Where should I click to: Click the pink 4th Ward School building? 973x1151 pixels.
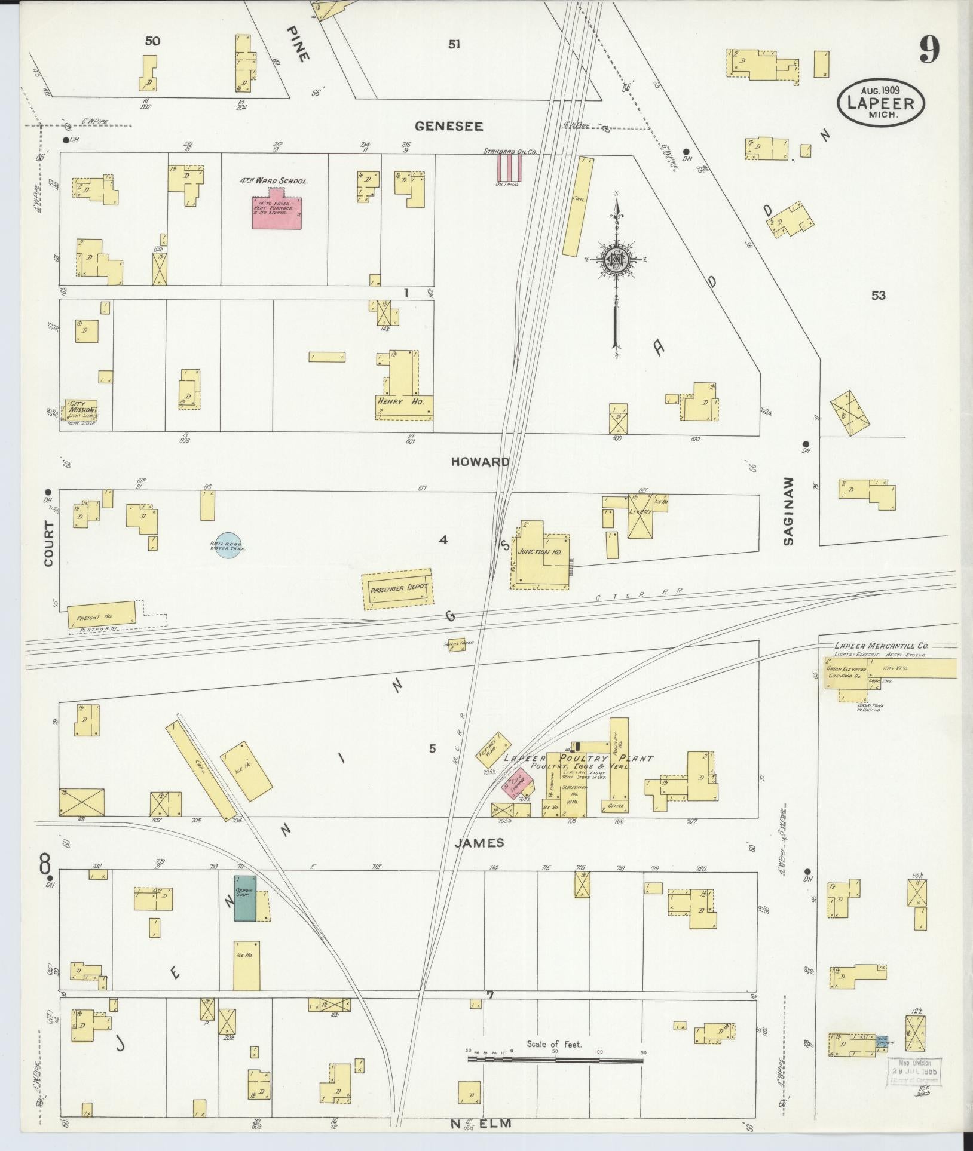coord(276,211)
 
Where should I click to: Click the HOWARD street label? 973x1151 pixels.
coord(481,462)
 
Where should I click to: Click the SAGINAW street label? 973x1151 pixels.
coord(789,511)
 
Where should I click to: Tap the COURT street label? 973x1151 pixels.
coord(49,544)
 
